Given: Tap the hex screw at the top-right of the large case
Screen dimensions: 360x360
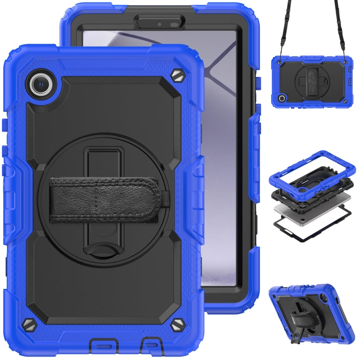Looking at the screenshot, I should pos(177,76).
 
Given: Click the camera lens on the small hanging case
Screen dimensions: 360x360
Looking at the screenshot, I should pos(282,98).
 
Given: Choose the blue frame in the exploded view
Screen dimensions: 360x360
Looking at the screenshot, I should pos(312,166).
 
